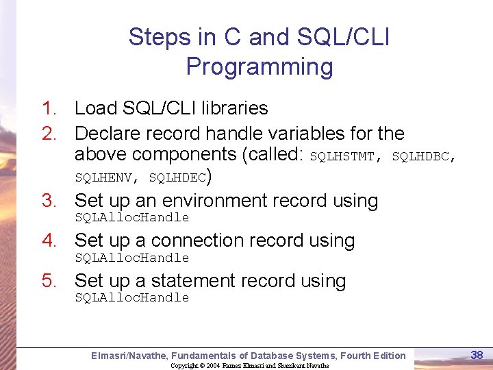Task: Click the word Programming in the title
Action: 259,67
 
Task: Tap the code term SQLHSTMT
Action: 342,156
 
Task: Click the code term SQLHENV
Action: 103,177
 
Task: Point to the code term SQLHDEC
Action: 177,177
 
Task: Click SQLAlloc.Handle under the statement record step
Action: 131,297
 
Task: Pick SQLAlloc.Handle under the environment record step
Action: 131,217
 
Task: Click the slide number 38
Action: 477,355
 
